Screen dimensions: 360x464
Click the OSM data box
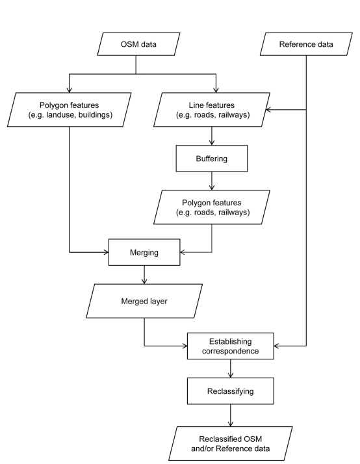point(138,44)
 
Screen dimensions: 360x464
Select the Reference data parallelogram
point(306,44)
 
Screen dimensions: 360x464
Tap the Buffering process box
point(212,159)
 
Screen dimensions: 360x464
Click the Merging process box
point(144,252)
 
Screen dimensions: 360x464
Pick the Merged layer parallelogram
point(144,301)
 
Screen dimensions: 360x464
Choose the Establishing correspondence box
point(231,346)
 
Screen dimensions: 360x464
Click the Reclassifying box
point(231,391)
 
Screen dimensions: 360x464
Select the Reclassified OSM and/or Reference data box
point(231,443)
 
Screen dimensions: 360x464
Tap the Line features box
point(212,109)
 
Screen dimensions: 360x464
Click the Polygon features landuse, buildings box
point(70,109)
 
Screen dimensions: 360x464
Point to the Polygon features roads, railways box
point(212,207)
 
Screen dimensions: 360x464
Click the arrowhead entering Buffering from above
point(212,142)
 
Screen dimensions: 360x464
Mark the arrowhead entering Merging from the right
point(183,252)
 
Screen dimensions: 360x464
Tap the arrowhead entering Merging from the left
point(106,252)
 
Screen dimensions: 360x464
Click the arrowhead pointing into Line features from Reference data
point(268,109)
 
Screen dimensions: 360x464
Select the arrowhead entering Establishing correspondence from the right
point(277,346)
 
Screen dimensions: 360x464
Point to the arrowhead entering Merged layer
point(144,281)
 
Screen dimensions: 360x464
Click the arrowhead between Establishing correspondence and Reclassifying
point(231,375)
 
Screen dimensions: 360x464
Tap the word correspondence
point(231,351)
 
